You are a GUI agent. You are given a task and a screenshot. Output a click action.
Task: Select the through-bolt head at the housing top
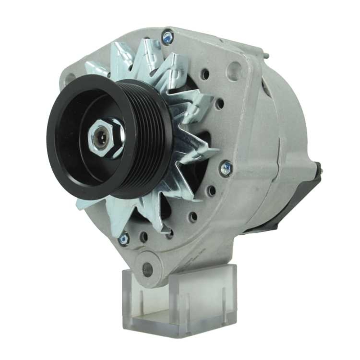point(168,36)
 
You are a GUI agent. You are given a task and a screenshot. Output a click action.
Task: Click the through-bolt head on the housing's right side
point(226,168)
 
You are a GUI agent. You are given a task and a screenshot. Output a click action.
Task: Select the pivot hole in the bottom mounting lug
point(147,268)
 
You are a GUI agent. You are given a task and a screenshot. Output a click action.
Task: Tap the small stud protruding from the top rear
point(266,54)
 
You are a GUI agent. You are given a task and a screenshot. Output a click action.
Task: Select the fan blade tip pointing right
point(215,149)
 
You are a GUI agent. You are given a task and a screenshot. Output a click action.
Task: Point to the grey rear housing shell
point(281,144)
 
